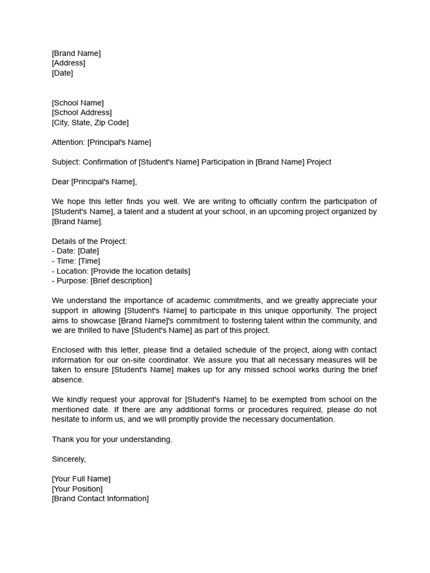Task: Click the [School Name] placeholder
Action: coord(78,103)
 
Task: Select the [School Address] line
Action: coord(82,112)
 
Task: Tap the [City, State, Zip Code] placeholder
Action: coord(90,123)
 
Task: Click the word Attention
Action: coord(68,142)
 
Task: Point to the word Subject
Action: coord(66,162)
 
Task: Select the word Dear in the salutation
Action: coord(60,181)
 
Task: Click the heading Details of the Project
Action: coord(90,241)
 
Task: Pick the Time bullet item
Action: coord(76,261)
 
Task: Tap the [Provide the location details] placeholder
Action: coord(141,271)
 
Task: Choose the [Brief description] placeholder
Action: coord(121,281)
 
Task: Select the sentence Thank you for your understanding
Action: coord(112,439)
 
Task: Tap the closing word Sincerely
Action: coord(69,459)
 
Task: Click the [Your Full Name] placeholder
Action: coord(81,479)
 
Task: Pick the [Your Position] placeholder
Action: coord(77,489)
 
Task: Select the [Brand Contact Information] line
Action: coord(100,499)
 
